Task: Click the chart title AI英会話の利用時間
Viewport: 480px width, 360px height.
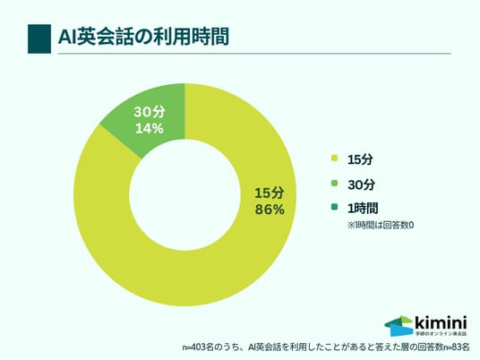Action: coord(143,37)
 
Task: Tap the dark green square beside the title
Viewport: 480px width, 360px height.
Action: coord(39,39)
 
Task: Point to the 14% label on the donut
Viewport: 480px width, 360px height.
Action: coord(149,129)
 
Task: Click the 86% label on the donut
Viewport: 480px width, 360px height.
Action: coord(270,210)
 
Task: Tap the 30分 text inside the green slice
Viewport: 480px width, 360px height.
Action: coord(150,112)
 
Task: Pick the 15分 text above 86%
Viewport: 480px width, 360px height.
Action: coord(270,193)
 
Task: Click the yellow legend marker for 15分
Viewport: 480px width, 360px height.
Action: coord(334,159)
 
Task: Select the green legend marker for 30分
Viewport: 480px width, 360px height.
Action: coord(334,184)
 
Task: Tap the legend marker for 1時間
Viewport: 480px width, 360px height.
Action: coord(334,207)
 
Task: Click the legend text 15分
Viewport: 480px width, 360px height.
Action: coord(360,159)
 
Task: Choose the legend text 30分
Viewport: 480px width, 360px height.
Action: coord(361,184)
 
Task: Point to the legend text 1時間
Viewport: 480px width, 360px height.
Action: coord(363,209)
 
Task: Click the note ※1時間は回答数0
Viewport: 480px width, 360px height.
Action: coord(381,226)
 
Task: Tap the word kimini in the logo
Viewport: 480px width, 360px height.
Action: coord(441,322)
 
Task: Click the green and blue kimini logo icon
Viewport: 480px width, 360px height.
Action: coord(399,326)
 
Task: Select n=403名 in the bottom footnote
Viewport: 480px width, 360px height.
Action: coord(197,347)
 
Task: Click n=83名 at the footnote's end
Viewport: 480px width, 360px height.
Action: coord(457,347)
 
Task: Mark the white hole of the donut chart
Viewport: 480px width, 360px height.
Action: coord(184,195)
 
